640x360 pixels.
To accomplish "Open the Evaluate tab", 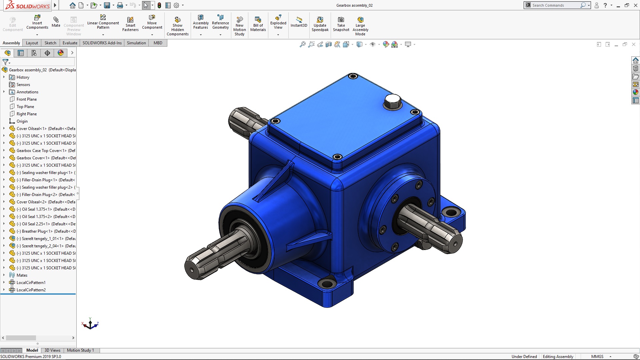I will coord(70,43).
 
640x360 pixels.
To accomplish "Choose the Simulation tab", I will coord(136,43).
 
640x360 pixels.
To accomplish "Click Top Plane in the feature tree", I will coord(25,107).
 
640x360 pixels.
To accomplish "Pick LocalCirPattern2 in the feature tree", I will coord(31,290).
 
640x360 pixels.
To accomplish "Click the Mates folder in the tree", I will coord(22,275).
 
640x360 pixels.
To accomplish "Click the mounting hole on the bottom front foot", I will coord(327,284).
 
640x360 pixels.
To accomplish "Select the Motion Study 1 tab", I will coord(80,350).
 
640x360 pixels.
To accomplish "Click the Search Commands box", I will coord(555,5).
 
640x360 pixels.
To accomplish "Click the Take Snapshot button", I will coord(341,24).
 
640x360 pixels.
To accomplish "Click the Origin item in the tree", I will coord(22,121).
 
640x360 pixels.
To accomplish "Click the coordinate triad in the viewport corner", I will coord(90,324).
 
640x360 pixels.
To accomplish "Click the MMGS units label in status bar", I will coord(597,357).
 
